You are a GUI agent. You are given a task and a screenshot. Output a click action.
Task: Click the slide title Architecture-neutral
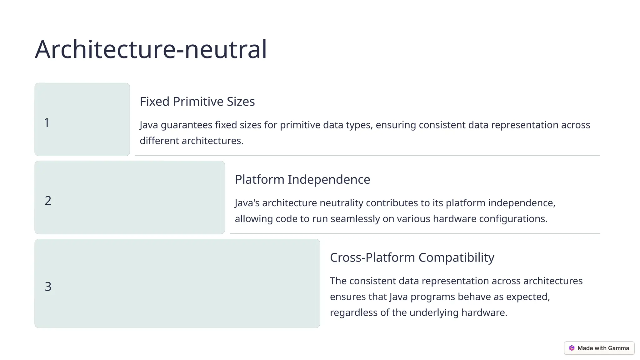151,49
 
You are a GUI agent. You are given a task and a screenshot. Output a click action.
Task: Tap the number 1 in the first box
47,122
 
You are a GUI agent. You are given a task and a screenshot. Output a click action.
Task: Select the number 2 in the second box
48,201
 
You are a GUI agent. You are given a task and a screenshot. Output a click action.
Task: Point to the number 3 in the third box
48,287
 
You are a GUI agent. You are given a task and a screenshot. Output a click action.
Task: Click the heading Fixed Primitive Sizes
197,102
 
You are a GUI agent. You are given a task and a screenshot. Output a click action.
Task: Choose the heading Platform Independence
302,180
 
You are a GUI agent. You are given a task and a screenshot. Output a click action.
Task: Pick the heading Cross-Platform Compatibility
412,257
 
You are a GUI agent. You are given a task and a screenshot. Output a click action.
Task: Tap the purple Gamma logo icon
572,348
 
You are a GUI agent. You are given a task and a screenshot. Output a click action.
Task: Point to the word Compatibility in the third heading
456,257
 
